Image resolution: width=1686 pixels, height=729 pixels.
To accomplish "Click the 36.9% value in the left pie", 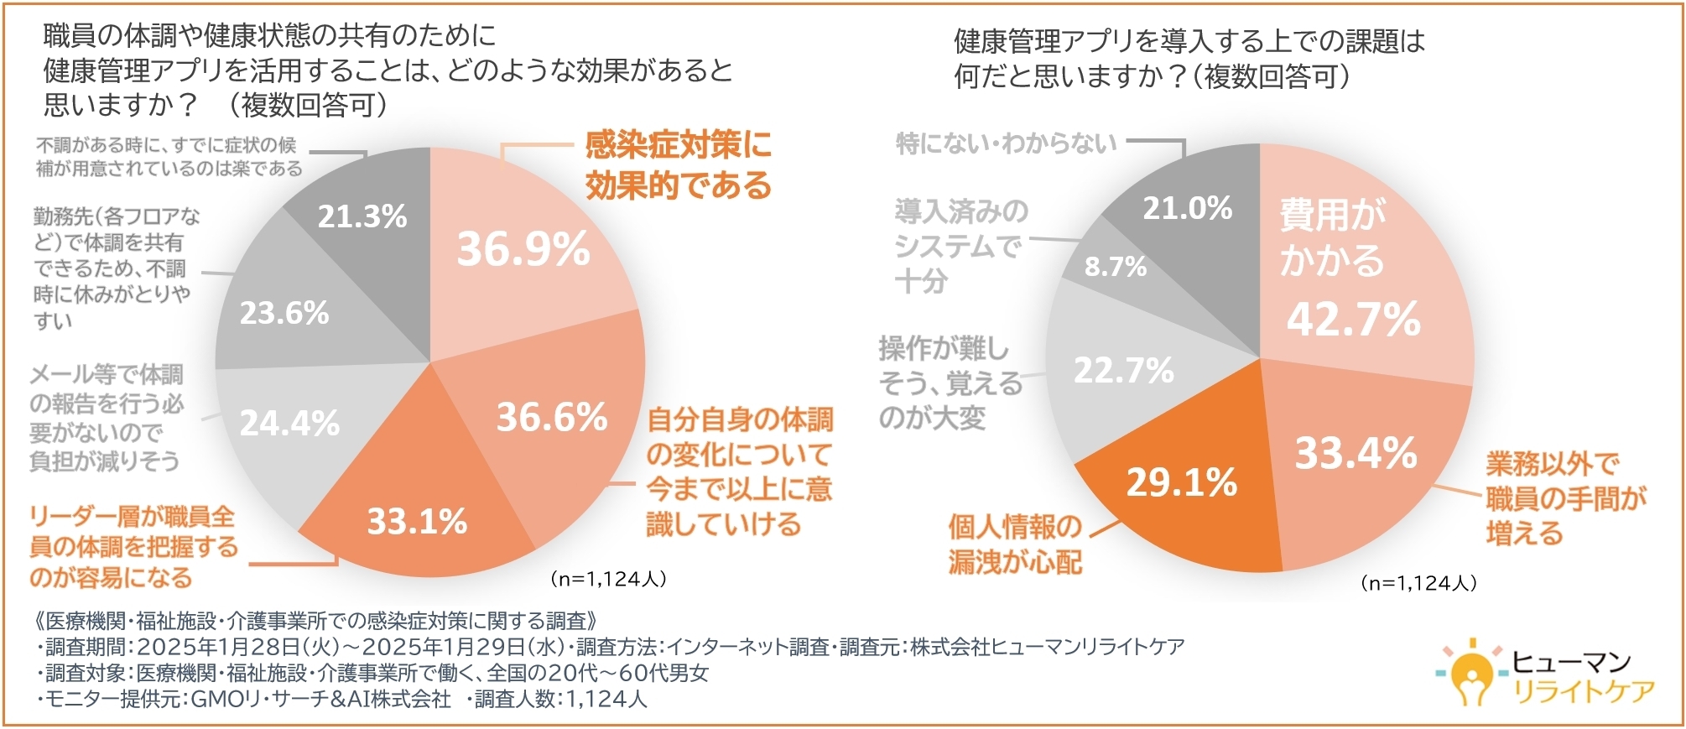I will (523, 249).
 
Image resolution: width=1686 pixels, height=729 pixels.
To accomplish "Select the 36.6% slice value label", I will (551, 417).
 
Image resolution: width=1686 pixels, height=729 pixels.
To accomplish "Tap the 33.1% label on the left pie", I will (417, 522).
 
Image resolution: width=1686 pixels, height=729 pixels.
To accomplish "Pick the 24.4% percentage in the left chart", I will (289, 423).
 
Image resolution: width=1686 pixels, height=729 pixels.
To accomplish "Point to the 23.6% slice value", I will (284, 313).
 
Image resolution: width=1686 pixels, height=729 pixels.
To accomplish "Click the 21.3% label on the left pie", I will (362, 216).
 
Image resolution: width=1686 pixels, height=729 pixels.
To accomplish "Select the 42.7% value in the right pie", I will (1353, 320).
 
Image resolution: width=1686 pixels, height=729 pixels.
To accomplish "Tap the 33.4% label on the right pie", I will (1356, 453).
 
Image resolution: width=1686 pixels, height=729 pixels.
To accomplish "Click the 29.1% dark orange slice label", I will (1181, 482).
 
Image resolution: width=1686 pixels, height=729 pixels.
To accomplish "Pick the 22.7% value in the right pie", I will (1123, 370).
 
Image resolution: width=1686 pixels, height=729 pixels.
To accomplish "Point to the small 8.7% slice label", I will (1115, 267).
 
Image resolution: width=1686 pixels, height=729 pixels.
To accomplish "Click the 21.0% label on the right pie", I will (1187, 208).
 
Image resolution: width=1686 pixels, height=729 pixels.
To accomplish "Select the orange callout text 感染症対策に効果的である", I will (678, 165).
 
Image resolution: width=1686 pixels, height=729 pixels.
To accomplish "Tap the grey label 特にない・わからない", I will (1006, 143).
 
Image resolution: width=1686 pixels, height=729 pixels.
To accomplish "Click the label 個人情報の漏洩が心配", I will (1015, 544).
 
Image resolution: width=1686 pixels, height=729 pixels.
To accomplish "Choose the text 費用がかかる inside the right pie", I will (1331, 237).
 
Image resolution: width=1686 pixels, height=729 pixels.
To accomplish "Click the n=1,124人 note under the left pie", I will (607, 579).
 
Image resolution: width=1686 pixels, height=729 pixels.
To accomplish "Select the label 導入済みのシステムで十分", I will (960, 246).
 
